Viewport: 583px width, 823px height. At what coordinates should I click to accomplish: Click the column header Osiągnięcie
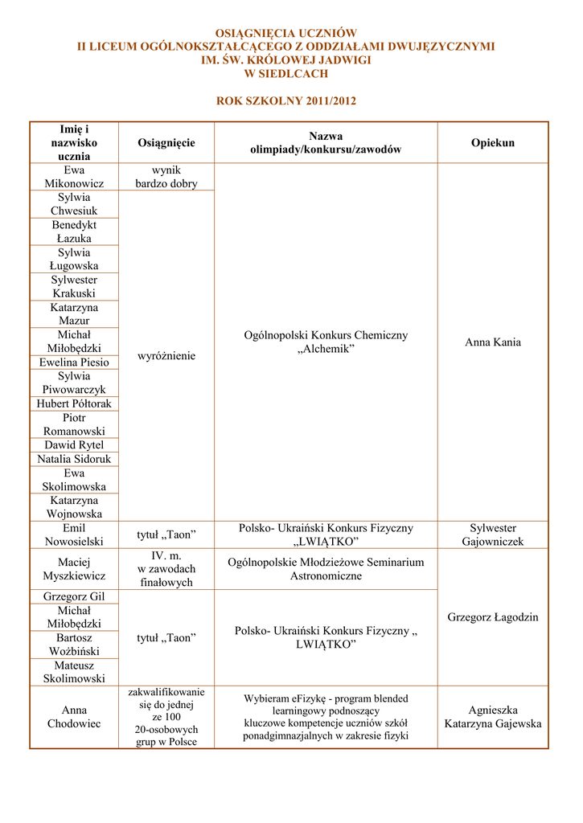[x=166, y=143]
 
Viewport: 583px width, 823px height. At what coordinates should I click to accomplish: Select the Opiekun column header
[x=492, y=143]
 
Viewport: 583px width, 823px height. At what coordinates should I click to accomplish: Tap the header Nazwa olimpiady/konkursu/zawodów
[x=325, y=143]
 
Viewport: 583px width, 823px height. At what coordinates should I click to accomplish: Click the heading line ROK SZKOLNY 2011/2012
[x=285, y=101]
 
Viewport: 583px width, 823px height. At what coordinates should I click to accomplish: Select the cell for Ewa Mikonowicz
[x=74, y=177]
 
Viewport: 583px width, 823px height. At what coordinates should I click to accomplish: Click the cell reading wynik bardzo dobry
[x=166, y=177]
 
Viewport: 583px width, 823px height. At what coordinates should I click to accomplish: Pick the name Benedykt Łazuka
[x=74, y=231]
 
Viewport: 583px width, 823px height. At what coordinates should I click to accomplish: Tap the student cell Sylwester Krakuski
[x=74, y=287]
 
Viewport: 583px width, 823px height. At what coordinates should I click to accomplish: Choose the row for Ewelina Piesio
[x=74, y=362]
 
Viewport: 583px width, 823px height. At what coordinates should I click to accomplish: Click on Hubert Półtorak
[x=74, y=403]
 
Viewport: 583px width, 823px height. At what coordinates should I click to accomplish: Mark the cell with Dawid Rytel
[x=74, y=445]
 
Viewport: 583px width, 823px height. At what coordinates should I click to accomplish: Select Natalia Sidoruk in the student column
[x=74, y=459]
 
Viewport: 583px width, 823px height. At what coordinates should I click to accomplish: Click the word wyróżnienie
[x=166, y=355]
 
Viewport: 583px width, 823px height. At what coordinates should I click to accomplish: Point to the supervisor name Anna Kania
[x=492, y=342]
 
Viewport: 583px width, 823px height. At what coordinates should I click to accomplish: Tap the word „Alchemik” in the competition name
[x=326, y=349]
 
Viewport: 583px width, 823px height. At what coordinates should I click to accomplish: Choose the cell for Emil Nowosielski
[x=74, y=534]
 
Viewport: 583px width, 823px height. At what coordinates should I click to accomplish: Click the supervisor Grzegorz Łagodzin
[x=492, y=617]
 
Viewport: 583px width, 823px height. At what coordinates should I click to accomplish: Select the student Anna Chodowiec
[x=74, y=717]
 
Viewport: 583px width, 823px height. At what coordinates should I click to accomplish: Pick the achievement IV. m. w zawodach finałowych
[x=166, y=569]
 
